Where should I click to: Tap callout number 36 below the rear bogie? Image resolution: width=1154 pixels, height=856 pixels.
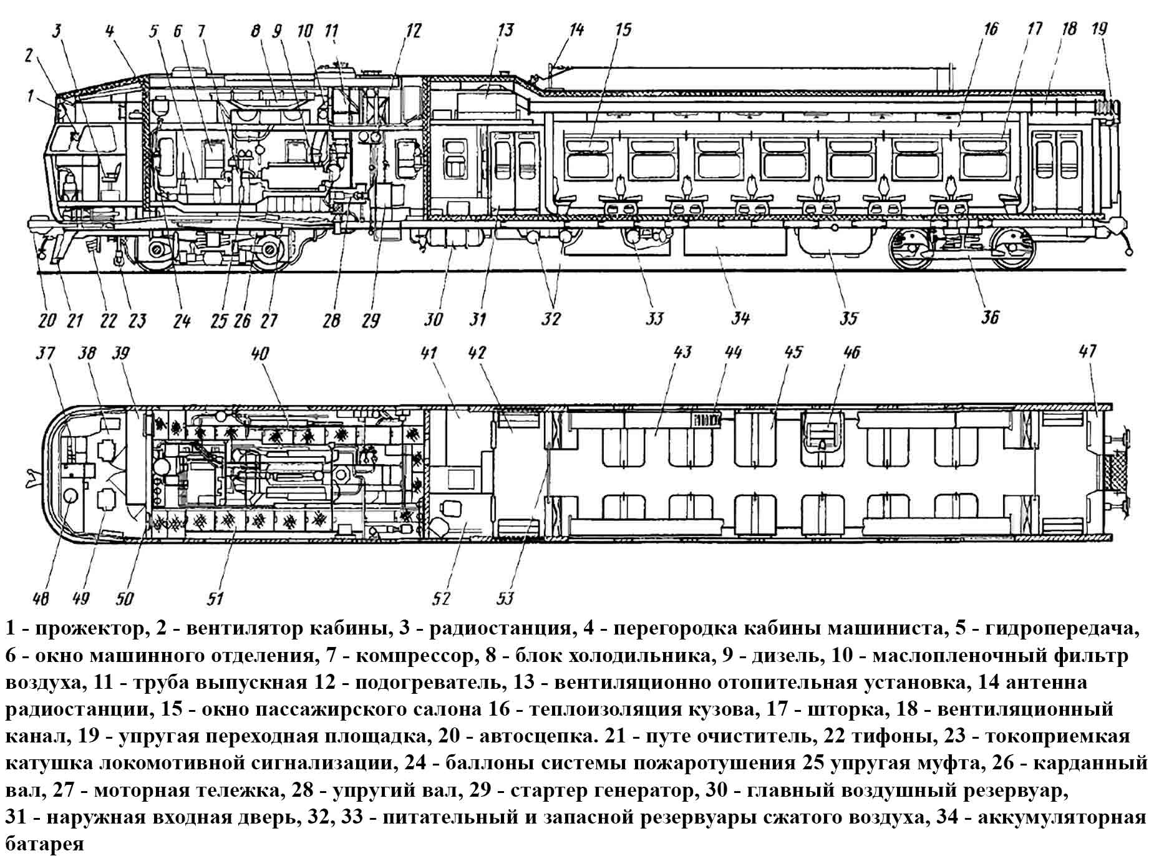[x=989, y=318]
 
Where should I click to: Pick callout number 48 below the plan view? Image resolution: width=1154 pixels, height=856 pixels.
[x=41, y=599]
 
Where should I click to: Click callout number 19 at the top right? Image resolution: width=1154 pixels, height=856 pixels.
[x=1099, y=29]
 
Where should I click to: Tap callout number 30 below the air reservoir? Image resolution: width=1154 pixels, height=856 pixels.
[x=433, y=319]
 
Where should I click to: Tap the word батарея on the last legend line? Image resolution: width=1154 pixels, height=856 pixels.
[x=44, y=845]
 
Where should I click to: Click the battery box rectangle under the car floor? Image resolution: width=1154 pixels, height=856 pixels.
[x=735, y=242]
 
